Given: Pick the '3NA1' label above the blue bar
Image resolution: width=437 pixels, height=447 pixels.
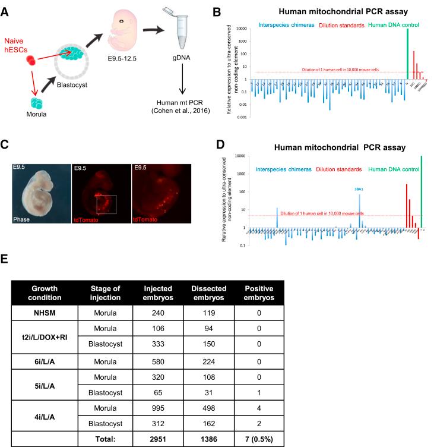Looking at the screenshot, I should point(359,188).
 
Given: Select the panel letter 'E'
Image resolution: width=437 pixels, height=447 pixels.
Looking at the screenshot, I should point(5,260).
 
